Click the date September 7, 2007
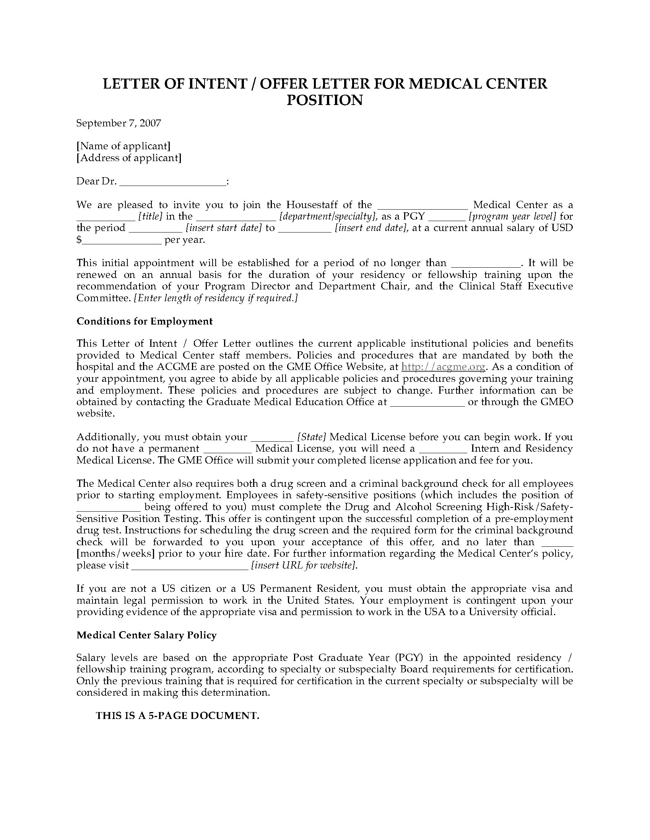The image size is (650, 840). pyautogui.click(x=119, y=123)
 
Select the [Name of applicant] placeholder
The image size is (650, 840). pyautogui.click(x=123, y=146)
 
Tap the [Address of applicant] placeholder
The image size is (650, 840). pyautogui.click(x=128, y=158)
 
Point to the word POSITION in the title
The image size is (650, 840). pyautogui.click(x=325, y=100)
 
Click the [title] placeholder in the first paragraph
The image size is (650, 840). pyautogui.click(x=150, y=216)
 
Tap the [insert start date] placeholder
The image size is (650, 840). pyautogui.click(x=224, y=228)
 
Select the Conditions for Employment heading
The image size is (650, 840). pyautogui.click(x=145, y=321)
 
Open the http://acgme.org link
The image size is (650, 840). pyautogui.click(x=443, y=367)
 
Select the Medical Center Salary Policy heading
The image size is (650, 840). pyautogui.click(x=146, y=635)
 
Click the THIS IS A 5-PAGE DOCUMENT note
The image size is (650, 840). pyautogui.click(x=177, y=716)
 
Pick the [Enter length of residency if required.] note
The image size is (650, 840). pyautogui.click(x=216, y=298)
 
